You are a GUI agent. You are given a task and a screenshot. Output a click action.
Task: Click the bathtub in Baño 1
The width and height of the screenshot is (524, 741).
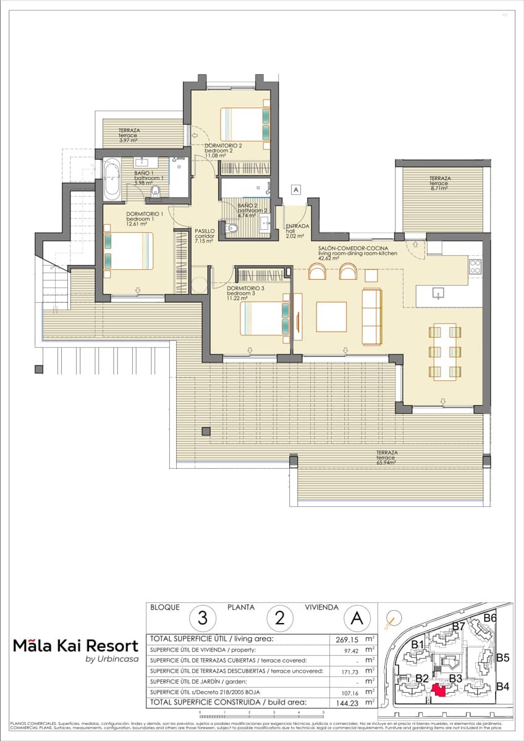coord(112,180)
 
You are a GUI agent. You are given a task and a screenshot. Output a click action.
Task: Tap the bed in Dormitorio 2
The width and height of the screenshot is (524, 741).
coord(245,124)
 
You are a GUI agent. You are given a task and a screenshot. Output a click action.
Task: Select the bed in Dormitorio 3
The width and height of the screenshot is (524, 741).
coord(264,317)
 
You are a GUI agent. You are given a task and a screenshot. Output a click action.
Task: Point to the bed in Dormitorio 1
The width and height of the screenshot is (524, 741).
coord(127,251)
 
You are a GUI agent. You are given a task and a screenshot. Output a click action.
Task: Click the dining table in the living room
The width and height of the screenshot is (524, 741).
coord(445,351)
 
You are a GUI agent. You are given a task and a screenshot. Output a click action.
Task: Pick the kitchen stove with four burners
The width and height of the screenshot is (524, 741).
coord(475,267)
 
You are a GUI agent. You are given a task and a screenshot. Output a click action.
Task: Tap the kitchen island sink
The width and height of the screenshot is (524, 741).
coord(439,293)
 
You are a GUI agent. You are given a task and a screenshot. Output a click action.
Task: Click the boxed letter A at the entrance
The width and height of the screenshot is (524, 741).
coord(296,190)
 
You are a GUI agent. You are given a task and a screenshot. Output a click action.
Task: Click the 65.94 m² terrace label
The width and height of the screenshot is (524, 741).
coord(386,457)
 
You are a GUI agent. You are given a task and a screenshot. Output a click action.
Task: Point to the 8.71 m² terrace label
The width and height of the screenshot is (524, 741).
coord(441,182)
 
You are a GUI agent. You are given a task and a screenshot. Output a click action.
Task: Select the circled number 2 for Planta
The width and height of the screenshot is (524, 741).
coord(279,617)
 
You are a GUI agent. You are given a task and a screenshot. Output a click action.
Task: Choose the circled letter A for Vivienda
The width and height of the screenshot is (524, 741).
coord(357,617)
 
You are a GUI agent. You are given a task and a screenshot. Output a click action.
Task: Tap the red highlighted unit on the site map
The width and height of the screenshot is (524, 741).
coord(439,690)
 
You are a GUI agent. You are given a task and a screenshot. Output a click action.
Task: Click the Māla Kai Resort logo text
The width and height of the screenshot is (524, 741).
coord(75,646)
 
